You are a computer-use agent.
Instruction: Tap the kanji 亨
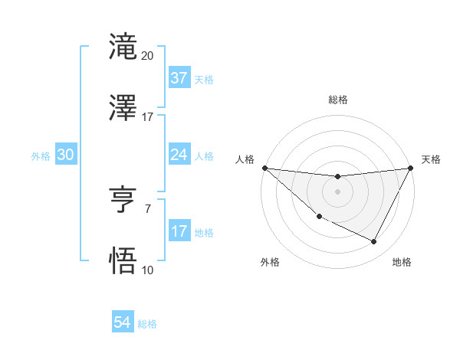(x=123, y=200)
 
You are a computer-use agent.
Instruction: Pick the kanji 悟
(x=123, y=260)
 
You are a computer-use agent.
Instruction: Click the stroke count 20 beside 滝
(x=148, y=56)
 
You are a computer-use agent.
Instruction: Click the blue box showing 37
(x=179, y=77)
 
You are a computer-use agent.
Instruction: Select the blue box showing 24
(x=179, y=155)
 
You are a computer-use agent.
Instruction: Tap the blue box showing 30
(x=66, y=155)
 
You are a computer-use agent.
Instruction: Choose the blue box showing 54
(x=122, y=322)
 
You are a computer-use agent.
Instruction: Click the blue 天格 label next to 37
(x=204, y=79)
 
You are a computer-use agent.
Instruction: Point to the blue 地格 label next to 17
(x=204, y=232)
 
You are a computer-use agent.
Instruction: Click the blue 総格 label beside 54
(x=147, y=324)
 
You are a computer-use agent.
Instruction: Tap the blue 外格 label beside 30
(x=41, y=156)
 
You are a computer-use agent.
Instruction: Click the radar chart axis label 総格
(x=338, y=100)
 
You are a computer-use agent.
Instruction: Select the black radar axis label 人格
(x=245, y=159)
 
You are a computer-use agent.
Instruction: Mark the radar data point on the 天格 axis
(x=411, y=168)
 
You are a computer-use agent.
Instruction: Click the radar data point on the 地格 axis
(x=374, y=242)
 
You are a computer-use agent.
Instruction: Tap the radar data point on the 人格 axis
(x=264, y=168)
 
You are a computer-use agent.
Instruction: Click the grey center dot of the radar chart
(x=337, y=191)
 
